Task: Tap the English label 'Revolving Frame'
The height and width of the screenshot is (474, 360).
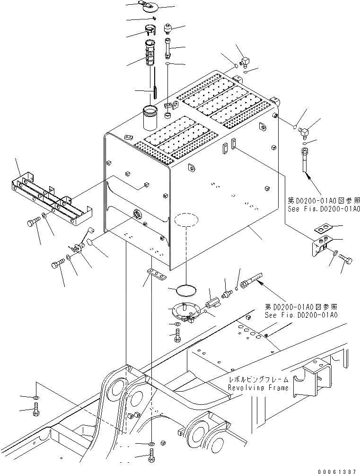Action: coord(258,388)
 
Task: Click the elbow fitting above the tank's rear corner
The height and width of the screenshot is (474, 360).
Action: coord(245,62)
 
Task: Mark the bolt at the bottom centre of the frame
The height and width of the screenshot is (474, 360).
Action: coord(150,457)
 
